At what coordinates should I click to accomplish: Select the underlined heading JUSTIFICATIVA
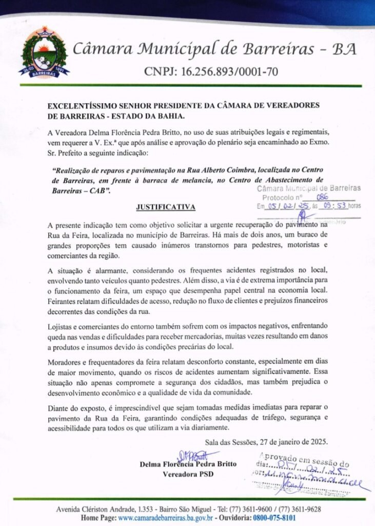pyautogui.click(x=165, y=208)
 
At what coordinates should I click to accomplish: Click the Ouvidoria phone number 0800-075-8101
pyautogui.click(x=274, y=518)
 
